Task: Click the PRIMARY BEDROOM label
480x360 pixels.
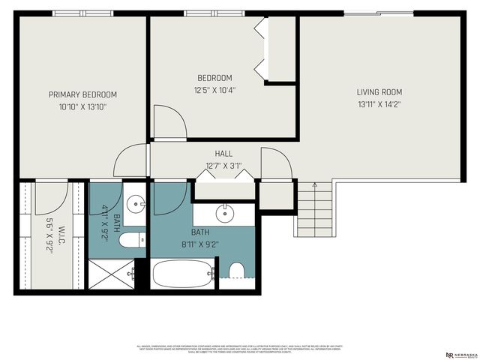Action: [x=82, y=94]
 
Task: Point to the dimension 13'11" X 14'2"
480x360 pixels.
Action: [x=379, y=104]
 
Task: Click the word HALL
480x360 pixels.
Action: [x=223, y=153]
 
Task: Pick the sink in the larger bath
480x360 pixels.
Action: [x=226, y=214]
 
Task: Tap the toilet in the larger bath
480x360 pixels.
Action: [x=236, y=271]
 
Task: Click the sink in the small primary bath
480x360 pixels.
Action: [x=136, y=202]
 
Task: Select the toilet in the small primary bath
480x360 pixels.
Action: [x=132, y=241]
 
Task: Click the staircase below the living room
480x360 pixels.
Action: [x=315, y=212]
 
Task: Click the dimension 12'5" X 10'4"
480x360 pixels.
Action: [x=214, y=89]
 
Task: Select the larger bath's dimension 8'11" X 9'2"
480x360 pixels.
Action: [x=199, y=244]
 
